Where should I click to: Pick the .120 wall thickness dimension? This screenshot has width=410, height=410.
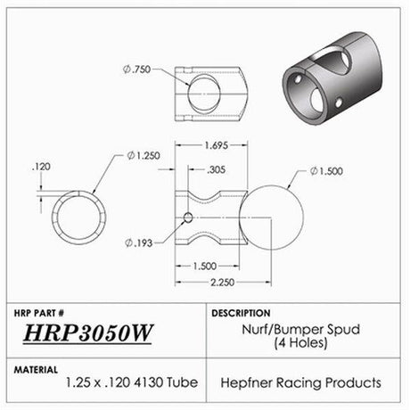tap(39, 166)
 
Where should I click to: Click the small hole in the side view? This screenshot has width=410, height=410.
tap(187, 218)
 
